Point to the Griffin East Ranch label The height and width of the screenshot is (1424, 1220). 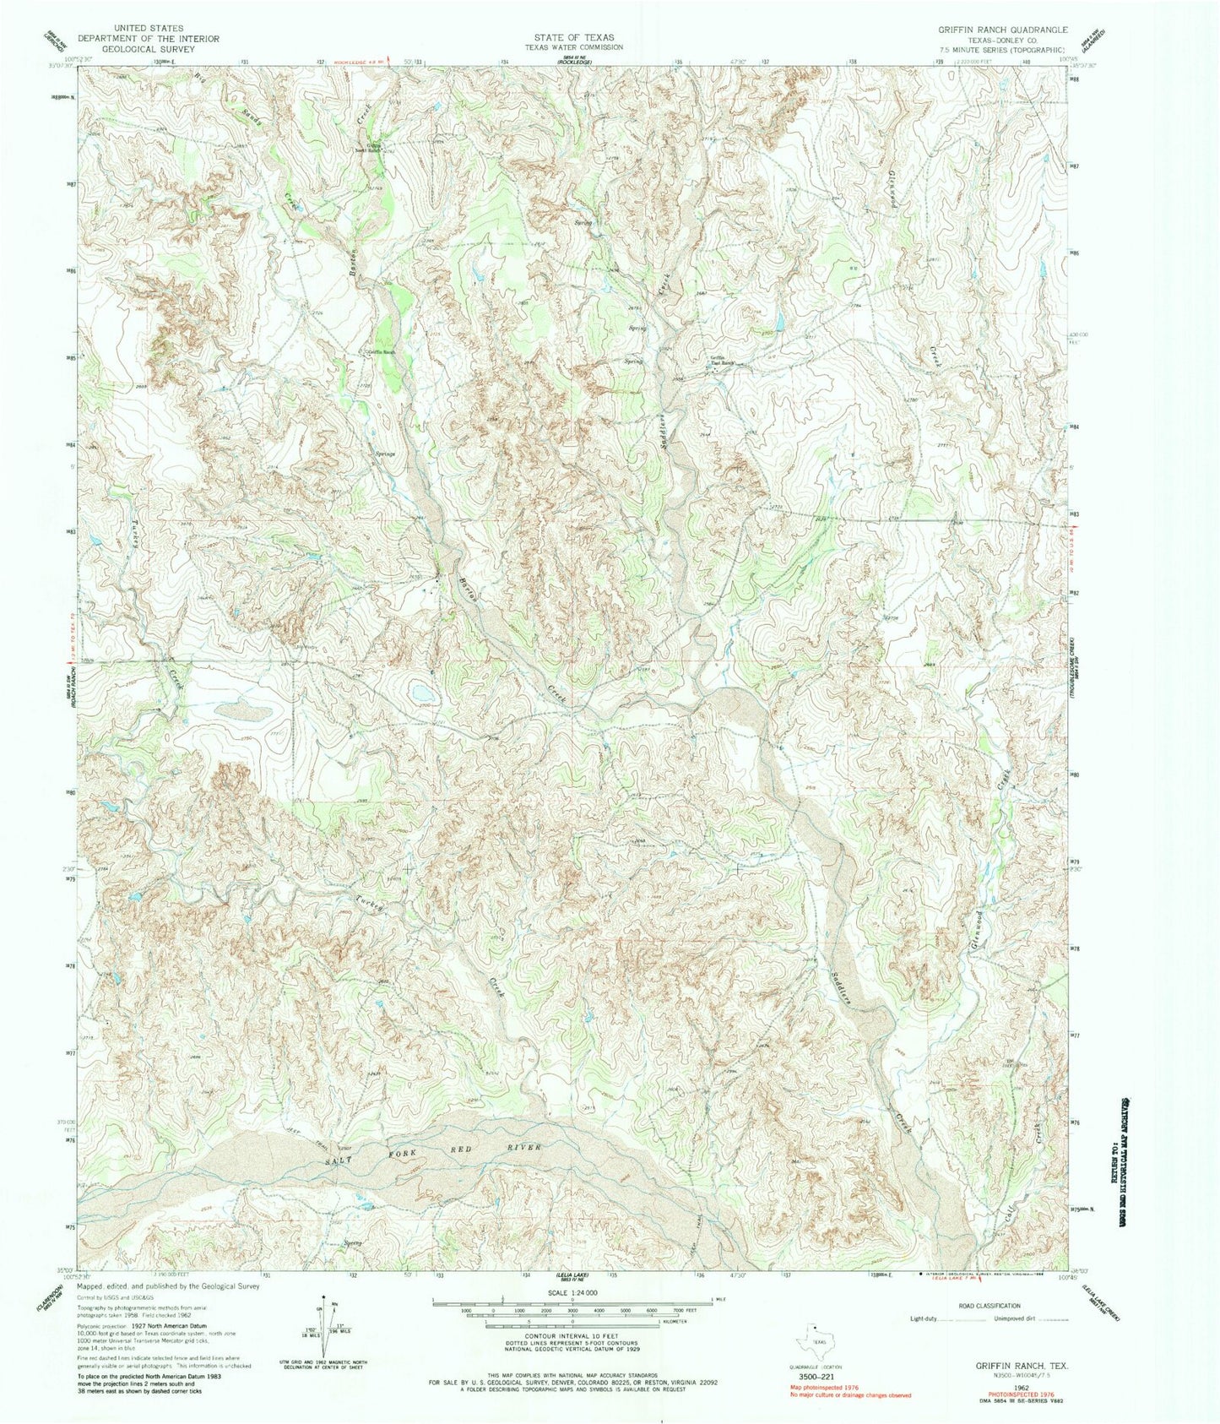click(x=720, y=361)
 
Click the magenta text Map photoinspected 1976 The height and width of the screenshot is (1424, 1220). click(x=827, y=1388)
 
